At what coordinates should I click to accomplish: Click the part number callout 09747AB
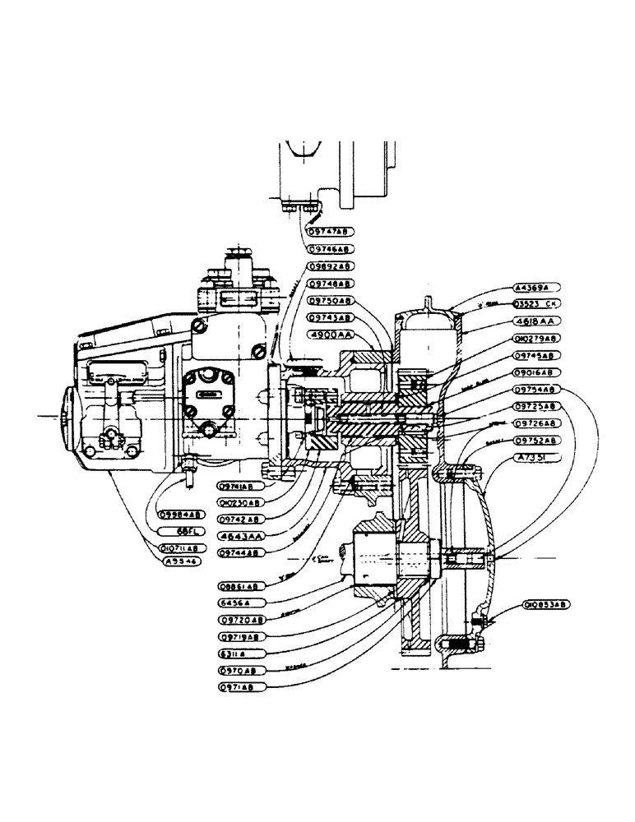click(x=331, y=231)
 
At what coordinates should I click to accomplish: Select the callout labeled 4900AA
click(x=331, y=335)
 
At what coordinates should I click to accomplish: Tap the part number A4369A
click(x=535, y=288)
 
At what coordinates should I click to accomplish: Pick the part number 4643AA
click(x=240, y=536)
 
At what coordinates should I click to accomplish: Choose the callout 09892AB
click(x=331, y=266)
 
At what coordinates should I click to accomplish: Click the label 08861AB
click(x=240, y=586)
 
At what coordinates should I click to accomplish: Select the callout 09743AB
click(x=331, y=317)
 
